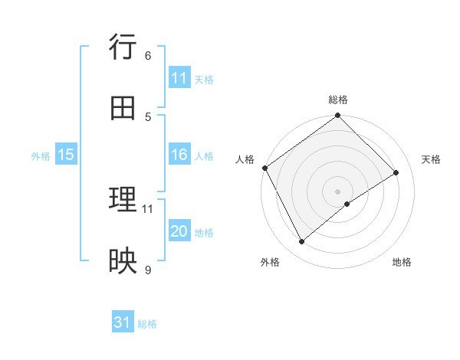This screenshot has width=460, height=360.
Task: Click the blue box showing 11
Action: coord(179,78)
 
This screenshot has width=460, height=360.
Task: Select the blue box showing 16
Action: coord(179,155)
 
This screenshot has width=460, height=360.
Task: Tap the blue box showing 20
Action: coord(179,232)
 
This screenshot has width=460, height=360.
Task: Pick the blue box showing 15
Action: coord(66,155)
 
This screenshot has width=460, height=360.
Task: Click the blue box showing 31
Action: coord(123,323)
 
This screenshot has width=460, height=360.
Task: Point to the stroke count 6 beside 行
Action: coord(148,55)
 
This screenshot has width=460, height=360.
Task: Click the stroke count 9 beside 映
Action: coord(148,269)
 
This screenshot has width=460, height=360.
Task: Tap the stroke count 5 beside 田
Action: coord(148,116)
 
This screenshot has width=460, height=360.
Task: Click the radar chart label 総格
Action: coord(337,100)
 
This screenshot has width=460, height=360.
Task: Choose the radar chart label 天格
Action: coord(431,159)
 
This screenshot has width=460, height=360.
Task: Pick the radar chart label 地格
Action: coord(402,262)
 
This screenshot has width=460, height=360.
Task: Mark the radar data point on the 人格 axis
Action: coord(264,168)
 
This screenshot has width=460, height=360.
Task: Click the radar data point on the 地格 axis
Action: coord(347,204)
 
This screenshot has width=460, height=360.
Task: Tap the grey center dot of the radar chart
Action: coord(337,191)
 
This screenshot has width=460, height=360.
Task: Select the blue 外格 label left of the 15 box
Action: coord(41,156)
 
